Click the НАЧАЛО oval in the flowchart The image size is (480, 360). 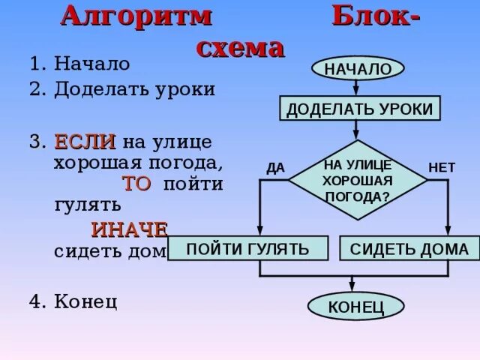click(x=358, y=68)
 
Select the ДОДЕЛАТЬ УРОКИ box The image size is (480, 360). click(x=360, y=109)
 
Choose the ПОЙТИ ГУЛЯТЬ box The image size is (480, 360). click(x=247, y=249)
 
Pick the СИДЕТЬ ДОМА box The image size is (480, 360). click(x=409, y=249)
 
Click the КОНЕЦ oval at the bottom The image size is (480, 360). click(x=355, y=306)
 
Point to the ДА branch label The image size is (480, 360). click(x=275, y=168)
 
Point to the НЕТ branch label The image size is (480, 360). click(x=441, y=168)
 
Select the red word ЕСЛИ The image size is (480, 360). click(x=84, y=141)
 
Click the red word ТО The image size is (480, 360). click(x=136, y=184)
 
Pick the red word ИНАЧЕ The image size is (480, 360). click(x=129, y=229)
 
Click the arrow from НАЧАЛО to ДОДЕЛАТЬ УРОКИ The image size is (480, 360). click(x=358, y=88)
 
